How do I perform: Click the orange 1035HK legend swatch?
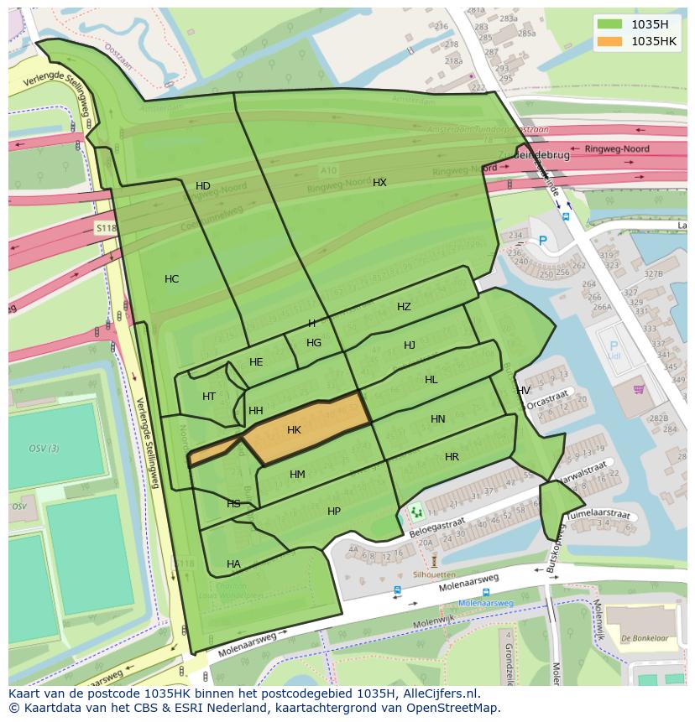click(609, 41)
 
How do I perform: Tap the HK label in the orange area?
click(294, 430)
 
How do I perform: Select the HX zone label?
click(379, 182)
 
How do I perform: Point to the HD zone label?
click(203, 186)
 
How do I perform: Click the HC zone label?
click(171, 279)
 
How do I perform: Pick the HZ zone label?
click(404, 307)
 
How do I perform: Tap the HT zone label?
click(209, 397)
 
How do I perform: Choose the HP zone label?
click(334, 512)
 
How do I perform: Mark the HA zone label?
click(233, 564)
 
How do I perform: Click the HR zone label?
click(452, 457)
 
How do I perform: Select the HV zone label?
click(523, 391)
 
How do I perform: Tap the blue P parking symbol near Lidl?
click(613, 345)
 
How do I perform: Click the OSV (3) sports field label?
click(44, 449)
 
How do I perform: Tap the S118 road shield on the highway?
click(105, 228)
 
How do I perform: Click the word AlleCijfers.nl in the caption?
click(437, 693)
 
